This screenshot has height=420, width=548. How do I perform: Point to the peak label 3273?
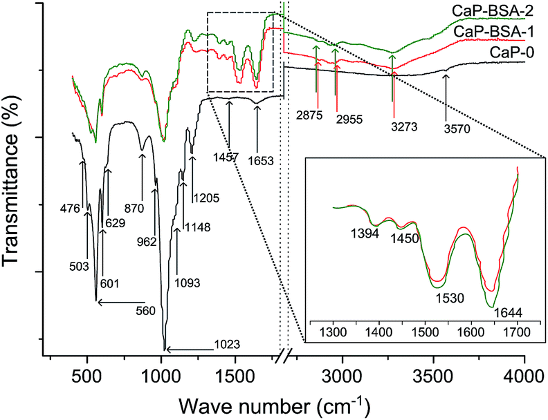394,127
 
